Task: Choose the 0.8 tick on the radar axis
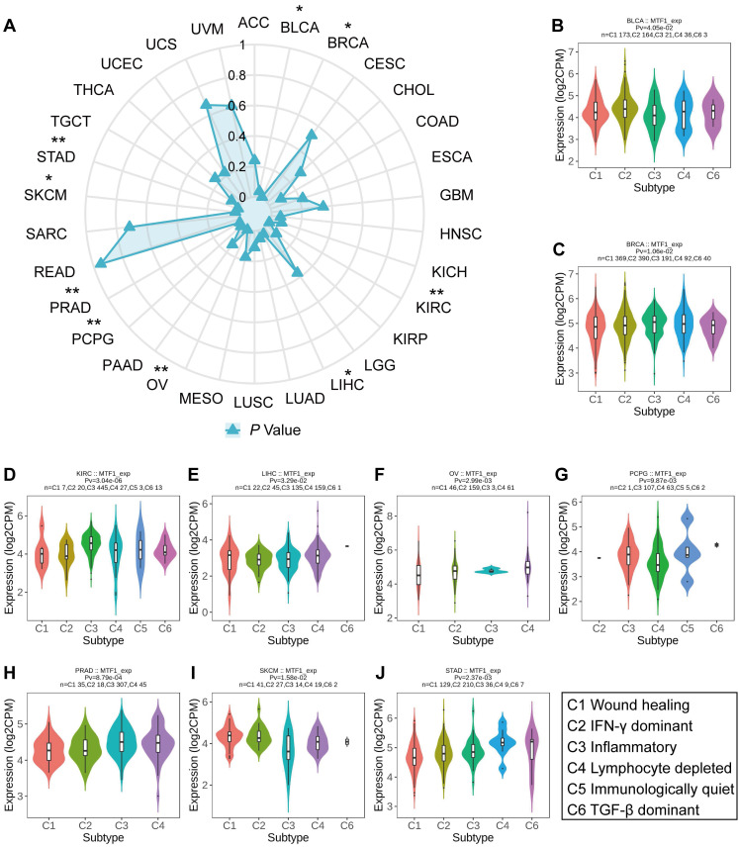237,76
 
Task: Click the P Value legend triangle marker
233,429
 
